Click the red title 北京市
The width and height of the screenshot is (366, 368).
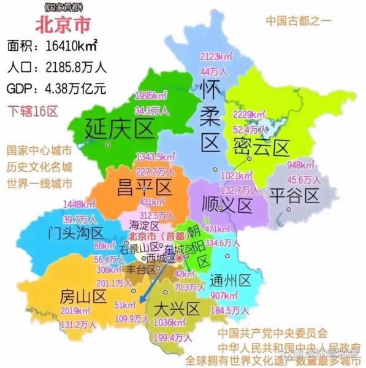pyautogui.click(x=63, y=25)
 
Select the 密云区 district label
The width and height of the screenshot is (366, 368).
pyautogui.click(x=261, y=147)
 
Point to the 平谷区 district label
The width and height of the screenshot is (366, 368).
pyautogui.click(x=295, y=196)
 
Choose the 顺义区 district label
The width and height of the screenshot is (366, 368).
pyautogui.click(x=227, y=204)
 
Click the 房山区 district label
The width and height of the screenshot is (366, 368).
pyautogui.click(x=83, y=297)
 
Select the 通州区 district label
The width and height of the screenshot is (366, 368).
pyautogui.click(x=230, y=281)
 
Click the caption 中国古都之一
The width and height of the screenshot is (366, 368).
pyautogui.click(x=298, y=20)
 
